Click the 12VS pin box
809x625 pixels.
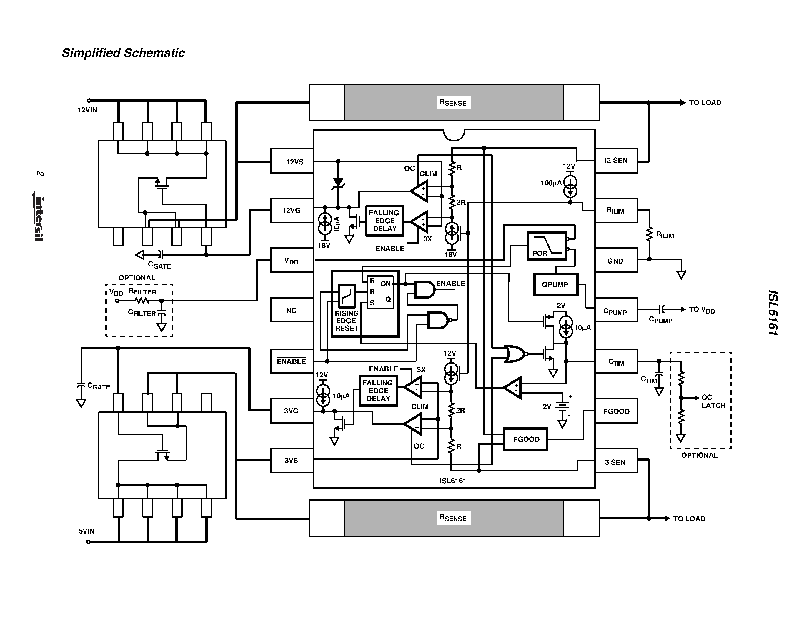(x=292, y=161)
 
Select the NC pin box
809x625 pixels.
(x=292, y=310)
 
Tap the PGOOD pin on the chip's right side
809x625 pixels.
(x=616, y=411)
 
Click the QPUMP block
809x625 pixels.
(x=555, y=284)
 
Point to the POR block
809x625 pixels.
(x=546, y=246)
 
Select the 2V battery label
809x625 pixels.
(x=547, y=406)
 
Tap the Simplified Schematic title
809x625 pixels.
(x=123, y=53)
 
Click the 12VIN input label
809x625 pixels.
(x=87, y=110)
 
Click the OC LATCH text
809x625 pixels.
(x=713, y=401)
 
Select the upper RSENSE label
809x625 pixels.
(x=453, y=103)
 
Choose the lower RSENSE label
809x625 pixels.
(x=453, y=518)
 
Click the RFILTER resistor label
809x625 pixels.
(x=142, y=291)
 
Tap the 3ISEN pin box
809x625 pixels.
(x=616, y=462)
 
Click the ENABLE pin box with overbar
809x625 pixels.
(x=292, y=361)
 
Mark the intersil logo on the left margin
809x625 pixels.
(x=39, y=219)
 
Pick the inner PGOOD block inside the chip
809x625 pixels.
(x=526, y=439)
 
